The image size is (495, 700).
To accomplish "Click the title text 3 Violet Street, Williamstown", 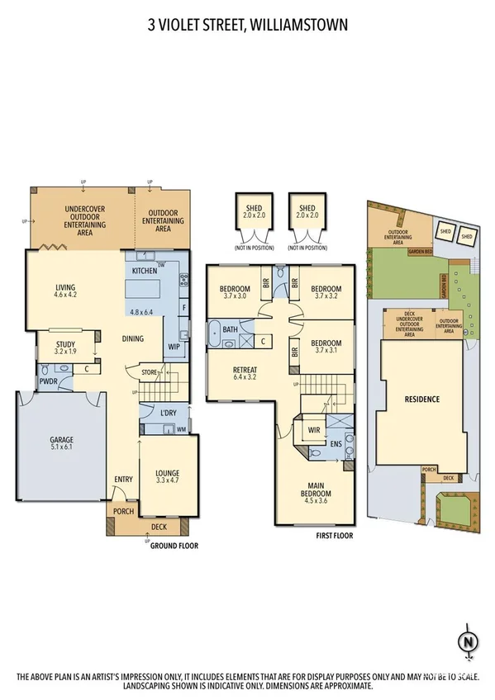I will coord(247,26).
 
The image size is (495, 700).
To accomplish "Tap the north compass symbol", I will coord(469,641).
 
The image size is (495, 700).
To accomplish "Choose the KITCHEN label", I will coord(145,271).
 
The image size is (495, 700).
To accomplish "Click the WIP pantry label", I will coord(174,348).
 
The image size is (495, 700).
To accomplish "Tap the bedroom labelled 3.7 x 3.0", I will coord(235,291).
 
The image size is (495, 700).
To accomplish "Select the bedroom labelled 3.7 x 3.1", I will coord(326,348).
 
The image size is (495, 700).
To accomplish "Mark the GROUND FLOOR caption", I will coord(174,546).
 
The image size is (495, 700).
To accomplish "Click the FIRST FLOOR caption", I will coord(334,536).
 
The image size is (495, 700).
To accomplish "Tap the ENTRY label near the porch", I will coord(123,479).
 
